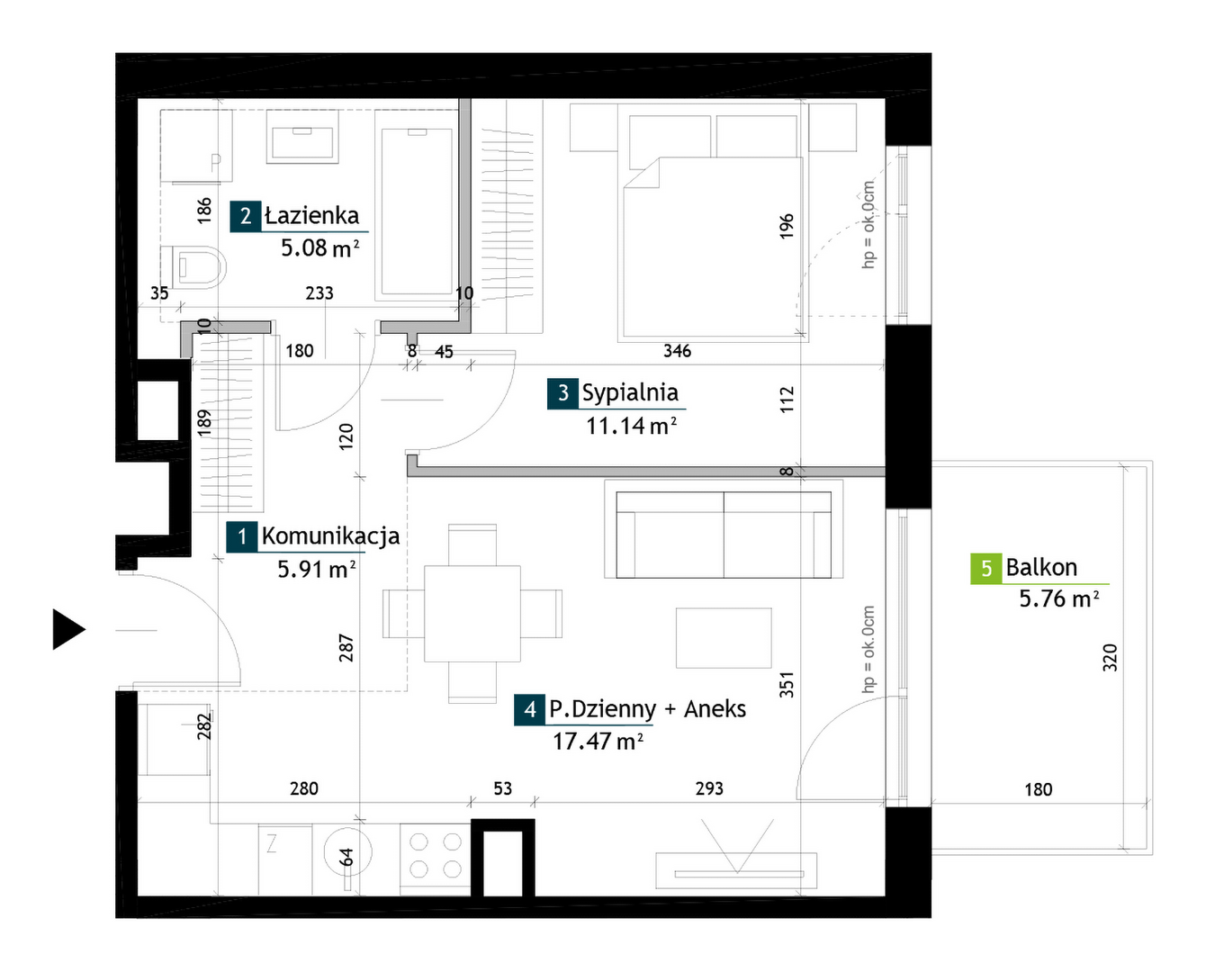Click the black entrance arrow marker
click(68, 629)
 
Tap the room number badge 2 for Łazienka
click(246, 216)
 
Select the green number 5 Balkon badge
click(985, 569)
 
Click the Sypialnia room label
click(630, 393)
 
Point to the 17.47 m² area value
click(598, 742)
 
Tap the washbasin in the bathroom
click(302, 136)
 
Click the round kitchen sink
click(347, 852)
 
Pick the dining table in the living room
click(472, 613)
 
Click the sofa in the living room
click(724, 535)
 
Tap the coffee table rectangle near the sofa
click(724, 638)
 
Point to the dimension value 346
click(677, 351)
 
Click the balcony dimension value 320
click(1110, 658)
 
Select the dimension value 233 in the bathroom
click(319, 292)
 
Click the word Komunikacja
click(330, 536)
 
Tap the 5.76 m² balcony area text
click(1058, 598)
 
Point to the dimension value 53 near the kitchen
click(503, 788)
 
